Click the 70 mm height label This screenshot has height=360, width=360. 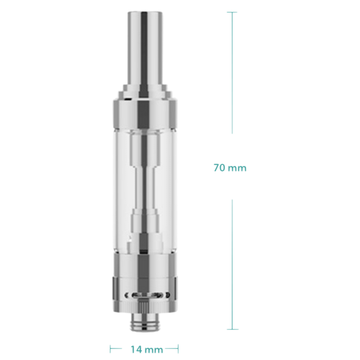[x=230, y=168]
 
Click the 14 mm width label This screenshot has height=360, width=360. [x=147, y=350]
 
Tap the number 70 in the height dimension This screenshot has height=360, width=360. [x=219, y=168]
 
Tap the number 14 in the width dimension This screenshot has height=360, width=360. [x=136, y=350]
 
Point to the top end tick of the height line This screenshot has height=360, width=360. [x=232, y=12]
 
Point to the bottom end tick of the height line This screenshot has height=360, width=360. [x=232, y=329]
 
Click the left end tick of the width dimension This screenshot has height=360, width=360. [x=110, y=349]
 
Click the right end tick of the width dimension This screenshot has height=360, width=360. [x=178, y=349]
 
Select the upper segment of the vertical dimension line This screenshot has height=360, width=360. [x=232, y=73]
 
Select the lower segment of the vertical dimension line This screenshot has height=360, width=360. [x=232, y=265]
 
